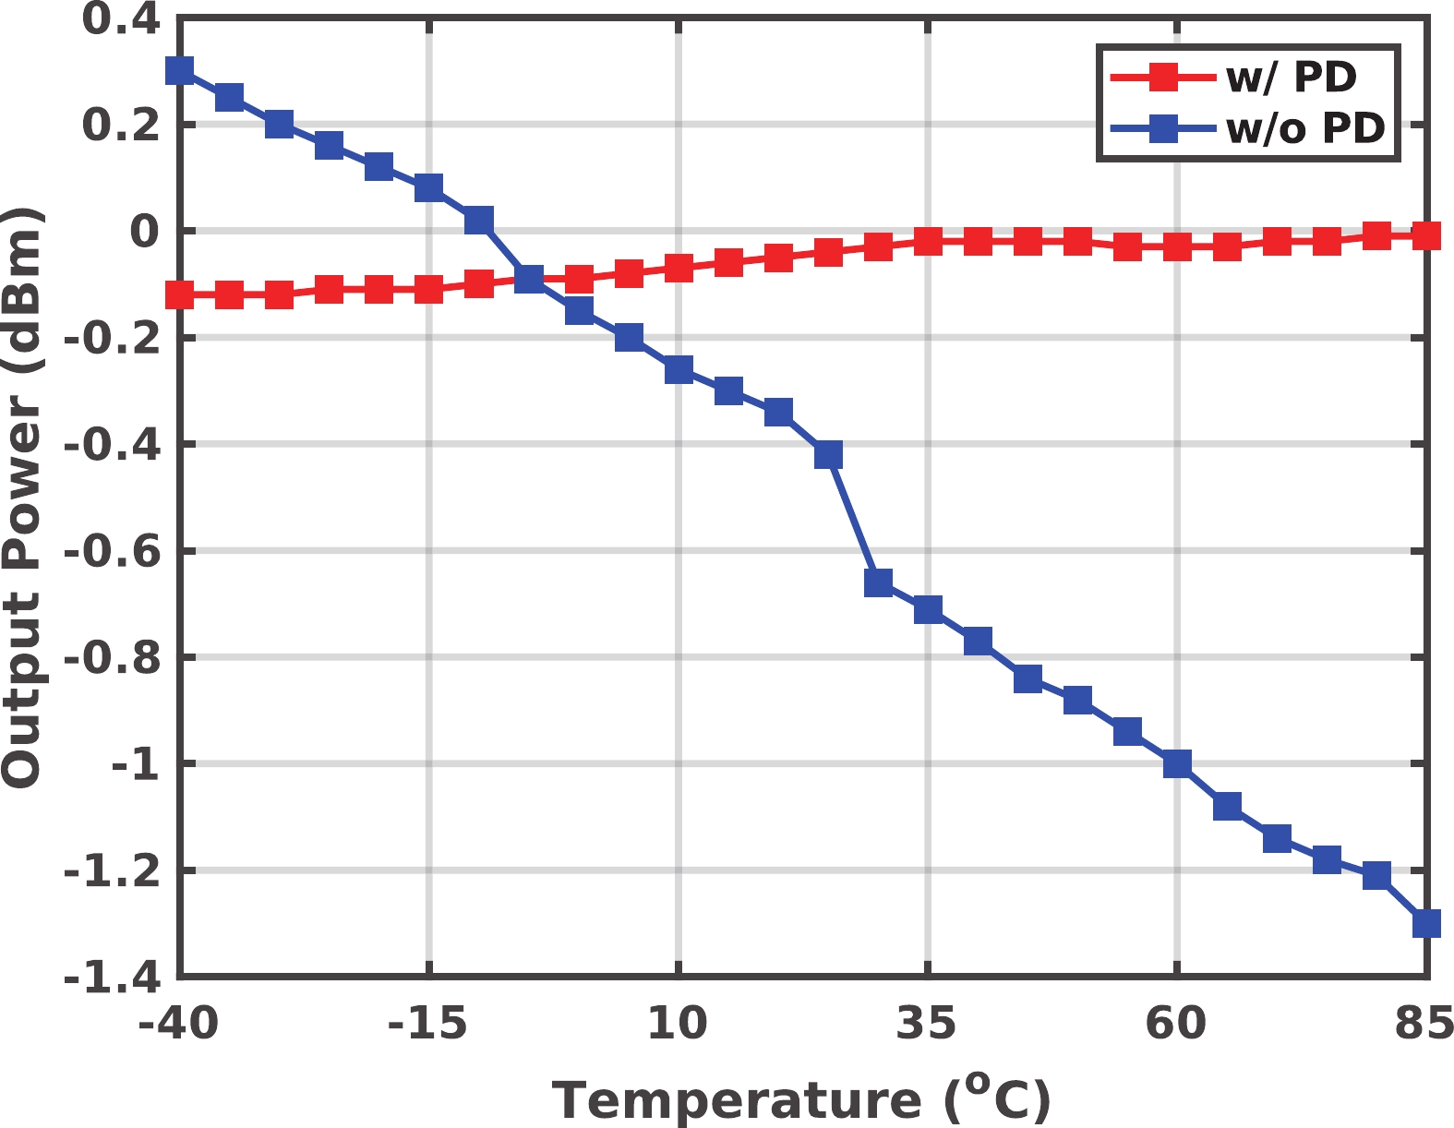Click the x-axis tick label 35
[x=927, y=1024]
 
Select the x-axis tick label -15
[x=428, y=1024]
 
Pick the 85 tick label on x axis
[x=1424, y=1024]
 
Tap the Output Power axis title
[x=22, y=498]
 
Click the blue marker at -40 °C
[x=180, y=71]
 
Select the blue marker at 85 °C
[x=1426, y=923]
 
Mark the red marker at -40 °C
[x=180, y=295]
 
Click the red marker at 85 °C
[x=1426, y=236]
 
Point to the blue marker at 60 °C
[x=1177, y=764]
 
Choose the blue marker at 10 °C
[x=679, y=369]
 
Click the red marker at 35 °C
[x=928, y=242]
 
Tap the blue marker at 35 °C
[x=928, y=609]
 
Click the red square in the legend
[x=1164, y=78]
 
